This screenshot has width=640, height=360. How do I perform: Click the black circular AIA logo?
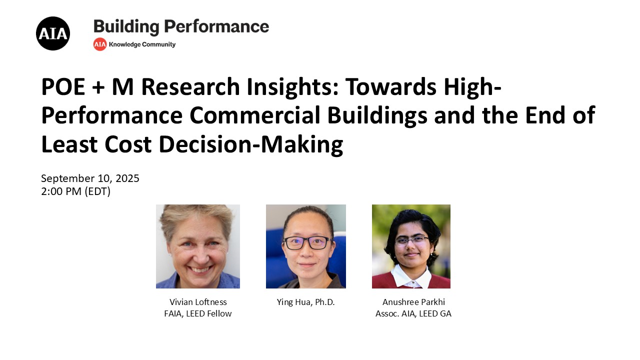coord(53,33)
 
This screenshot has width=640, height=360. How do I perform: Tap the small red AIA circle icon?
coord(99,44)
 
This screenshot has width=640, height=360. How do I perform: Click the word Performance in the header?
coord(216,26)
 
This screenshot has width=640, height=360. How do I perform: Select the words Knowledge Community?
coord(142,44)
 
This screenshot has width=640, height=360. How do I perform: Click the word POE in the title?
coord(63,86)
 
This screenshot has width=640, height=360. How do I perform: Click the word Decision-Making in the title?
coord(251,145)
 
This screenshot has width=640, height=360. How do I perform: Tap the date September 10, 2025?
coord(90,178)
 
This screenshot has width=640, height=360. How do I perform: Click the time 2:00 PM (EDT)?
coord(75,191)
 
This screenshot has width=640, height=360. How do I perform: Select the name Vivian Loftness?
coord(198,302)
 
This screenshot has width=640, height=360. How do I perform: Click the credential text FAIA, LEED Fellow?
coord(197,313)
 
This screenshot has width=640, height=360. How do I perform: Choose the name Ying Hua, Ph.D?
coord(305,302)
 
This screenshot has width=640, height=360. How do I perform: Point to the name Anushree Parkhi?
coord(413,302)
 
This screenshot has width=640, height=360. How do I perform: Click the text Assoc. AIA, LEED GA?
coord(413,313)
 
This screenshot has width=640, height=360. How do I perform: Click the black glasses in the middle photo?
coord(307,243)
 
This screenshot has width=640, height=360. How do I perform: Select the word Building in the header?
coord(126,27)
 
